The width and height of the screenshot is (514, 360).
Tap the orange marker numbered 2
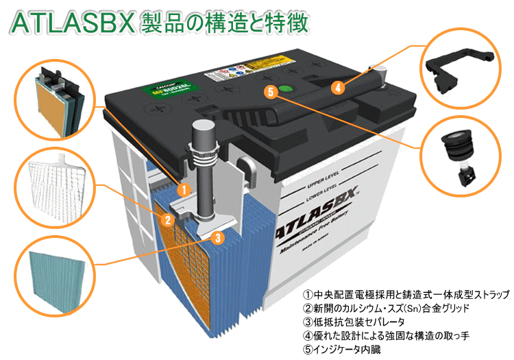(x=166, y=220)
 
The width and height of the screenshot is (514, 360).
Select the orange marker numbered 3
(x=217, y=239)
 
